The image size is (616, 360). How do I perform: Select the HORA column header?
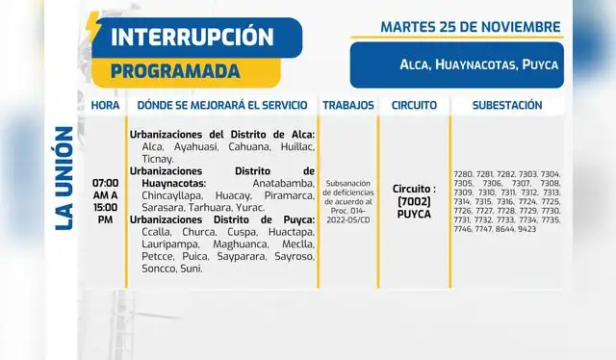tap(106, 105)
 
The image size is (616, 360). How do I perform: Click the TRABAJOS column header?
tap(346, 105)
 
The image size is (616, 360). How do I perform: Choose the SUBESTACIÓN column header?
tap(508, 105)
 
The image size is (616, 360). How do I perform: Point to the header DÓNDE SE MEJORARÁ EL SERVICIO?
tap(222, 105)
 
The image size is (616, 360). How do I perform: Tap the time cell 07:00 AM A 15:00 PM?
tap(106, 201)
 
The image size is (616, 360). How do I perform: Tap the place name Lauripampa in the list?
tap(157, 245)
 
